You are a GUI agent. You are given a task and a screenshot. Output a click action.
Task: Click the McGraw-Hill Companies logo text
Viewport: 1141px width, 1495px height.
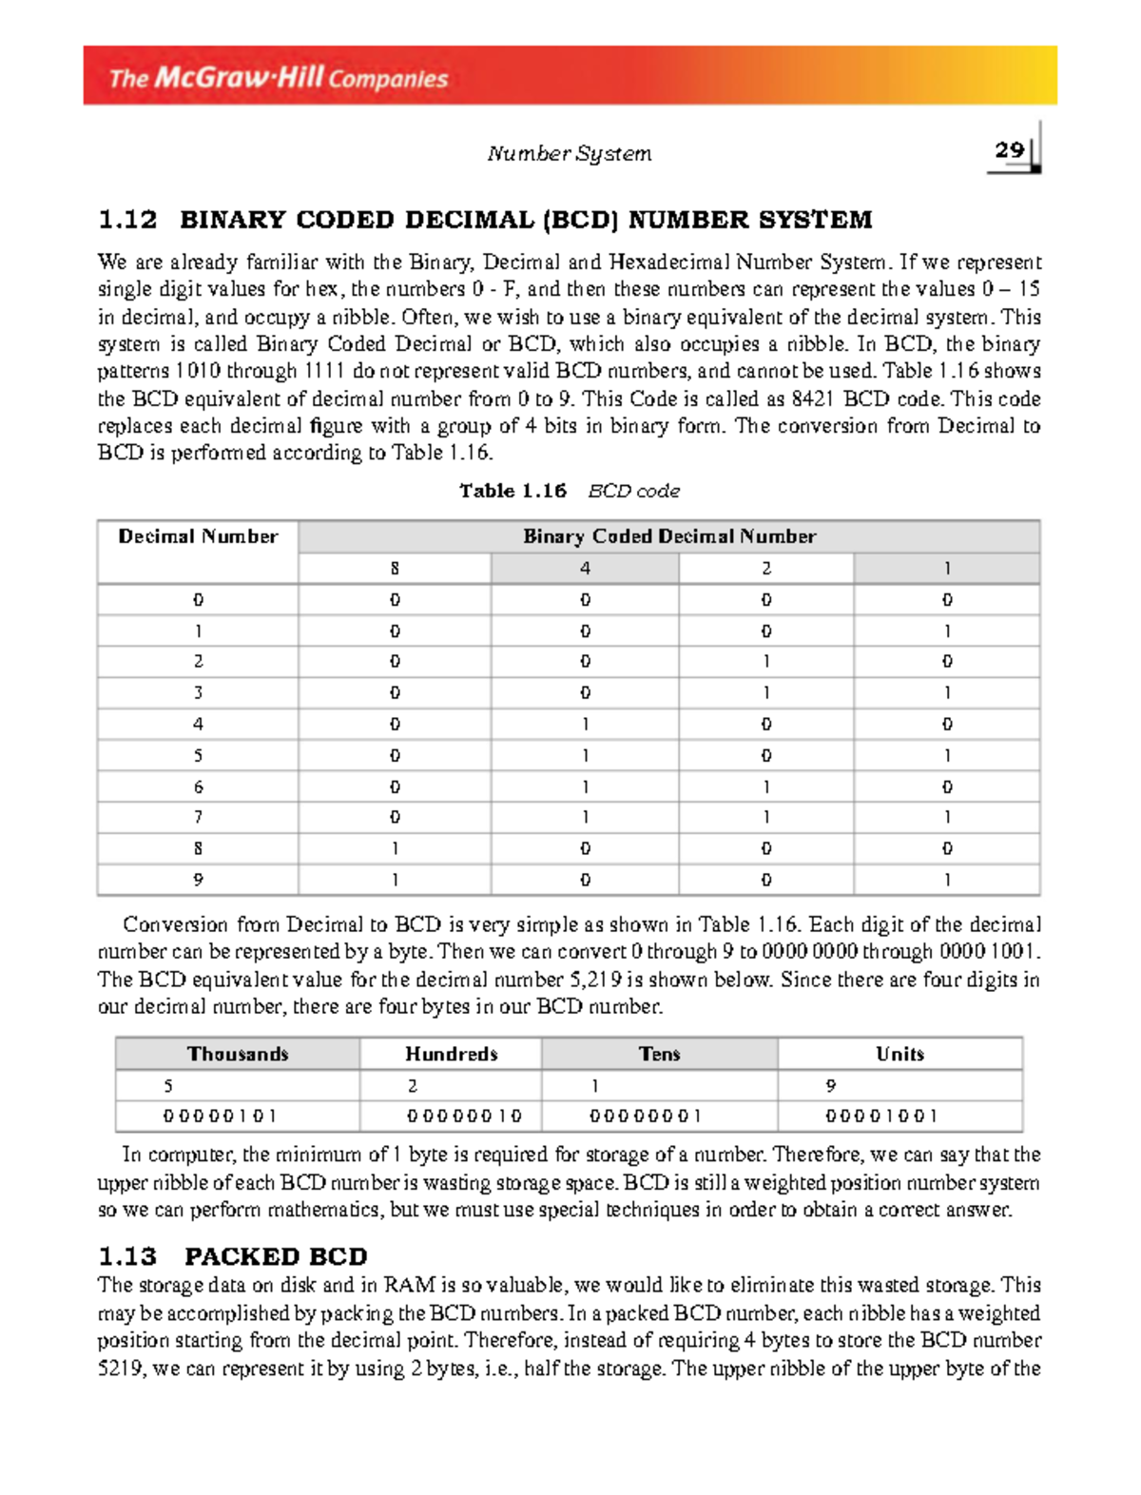(278, 77)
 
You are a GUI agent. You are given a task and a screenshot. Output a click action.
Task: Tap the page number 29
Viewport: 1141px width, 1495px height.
(1009, 150)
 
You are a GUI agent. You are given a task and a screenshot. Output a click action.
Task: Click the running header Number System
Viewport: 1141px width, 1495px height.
(569, 153)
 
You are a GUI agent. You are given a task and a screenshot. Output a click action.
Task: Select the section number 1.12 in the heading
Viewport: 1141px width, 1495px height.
(127, 221)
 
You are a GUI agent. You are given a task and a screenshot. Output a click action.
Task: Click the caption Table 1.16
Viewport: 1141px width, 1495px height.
(512, 491)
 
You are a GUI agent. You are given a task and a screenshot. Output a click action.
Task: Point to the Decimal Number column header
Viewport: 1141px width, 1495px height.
(198, 536)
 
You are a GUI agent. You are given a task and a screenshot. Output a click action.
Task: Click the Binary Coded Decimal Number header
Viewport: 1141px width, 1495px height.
(669, 536)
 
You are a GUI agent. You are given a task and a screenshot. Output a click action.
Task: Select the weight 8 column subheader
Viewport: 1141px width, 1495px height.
(395, 569)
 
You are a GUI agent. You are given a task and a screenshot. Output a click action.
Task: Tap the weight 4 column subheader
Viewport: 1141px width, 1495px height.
(585, 569)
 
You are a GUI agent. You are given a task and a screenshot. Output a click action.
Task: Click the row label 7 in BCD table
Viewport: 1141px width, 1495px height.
(198, 817)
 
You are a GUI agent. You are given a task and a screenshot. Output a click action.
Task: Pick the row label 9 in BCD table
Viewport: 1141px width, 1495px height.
(198, 880)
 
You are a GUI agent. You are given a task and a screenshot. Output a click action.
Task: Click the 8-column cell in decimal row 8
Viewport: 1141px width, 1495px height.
(395, 848)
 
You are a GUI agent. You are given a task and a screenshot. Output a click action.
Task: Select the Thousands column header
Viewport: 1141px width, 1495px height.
(238, 1054)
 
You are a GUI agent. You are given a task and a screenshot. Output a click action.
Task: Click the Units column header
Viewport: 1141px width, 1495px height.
(899, 1054)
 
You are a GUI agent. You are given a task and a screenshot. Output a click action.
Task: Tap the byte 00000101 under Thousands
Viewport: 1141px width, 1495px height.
(220, 1116)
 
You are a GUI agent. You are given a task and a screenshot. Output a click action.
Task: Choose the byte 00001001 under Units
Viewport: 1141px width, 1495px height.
(881, 1116)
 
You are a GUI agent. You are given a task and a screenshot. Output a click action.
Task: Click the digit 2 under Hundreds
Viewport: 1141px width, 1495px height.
(412, 1085)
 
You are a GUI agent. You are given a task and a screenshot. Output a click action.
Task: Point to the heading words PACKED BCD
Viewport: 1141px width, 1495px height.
(276, 1256)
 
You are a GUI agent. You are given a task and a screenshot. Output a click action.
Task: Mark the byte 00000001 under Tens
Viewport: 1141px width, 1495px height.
(645, 1116)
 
